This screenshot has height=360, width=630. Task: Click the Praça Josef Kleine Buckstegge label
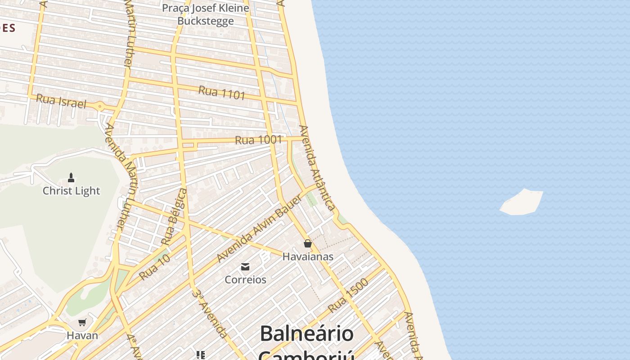[x=205, y=14]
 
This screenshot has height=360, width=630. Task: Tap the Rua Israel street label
[x=61, y=101]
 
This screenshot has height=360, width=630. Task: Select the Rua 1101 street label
[x=222, y=93]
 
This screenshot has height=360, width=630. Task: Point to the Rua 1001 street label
[x=258, y=140]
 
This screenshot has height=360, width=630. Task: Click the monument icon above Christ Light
[x=71, y=178]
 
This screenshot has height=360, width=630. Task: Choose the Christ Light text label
[x=71, y=191]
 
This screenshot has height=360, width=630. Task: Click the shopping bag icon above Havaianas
[x=308, y=243]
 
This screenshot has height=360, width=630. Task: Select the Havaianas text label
[x=308, y=256]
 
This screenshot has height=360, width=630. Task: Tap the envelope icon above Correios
[x=245, y=267]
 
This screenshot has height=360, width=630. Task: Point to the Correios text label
[x=245, y=279]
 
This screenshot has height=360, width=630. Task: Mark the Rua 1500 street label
[x=348, y=296]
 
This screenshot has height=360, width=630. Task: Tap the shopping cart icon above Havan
[x=82, y=322]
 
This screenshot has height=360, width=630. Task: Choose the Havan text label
[x=82, y=335]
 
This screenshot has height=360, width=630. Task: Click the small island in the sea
[x=522, y=202]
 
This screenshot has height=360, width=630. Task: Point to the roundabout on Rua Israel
[x=100, y=107]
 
